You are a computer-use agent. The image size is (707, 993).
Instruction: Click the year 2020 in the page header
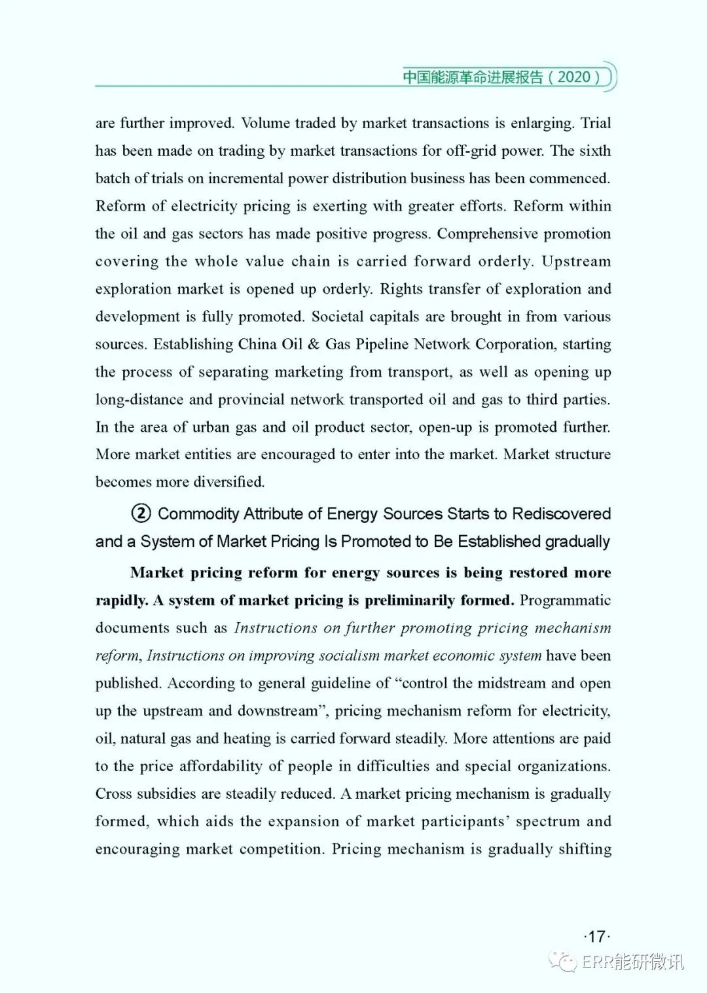pyautogui.click(x=574, y=77)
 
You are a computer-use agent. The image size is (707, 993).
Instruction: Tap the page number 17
pyautogui.click(x=596, y=936)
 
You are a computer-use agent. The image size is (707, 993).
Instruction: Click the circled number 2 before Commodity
pyautogui.click(x=141, y=514)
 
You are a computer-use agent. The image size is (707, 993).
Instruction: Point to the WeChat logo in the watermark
pyautogui.click(x=563, y=961)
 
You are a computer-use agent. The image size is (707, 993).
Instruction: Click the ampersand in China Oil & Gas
pyautogui.click(x=314, y=344)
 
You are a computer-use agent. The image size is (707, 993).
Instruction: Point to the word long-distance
pyautogui.click(x=139, y=400)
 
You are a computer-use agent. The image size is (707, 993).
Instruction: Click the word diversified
pyautogui.click(x=223, y=482)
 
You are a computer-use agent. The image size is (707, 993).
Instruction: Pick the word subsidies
pyautogui.click(x=165, y=793)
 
